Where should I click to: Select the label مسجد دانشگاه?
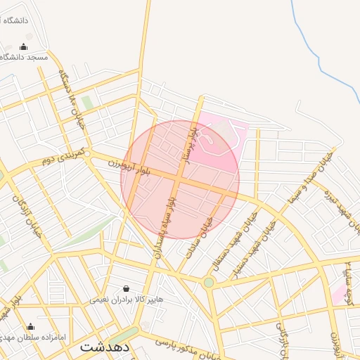pyautogui.click(x=23, y=57)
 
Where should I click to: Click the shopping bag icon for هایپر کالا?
pyautogui.click(x=126, y=288)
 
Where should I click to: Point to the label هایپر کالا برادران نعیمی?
pyautogui.click(x=126, y=299)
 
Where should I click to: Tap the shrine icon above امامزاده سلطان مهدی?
pyautogui.click(x=30, y=326)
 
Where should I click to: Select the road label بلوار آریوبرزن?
pyautogui.click(x=131, y=167)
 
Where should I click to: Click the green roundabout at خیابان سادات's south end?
pyautogui.click(x=209, y=283)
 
